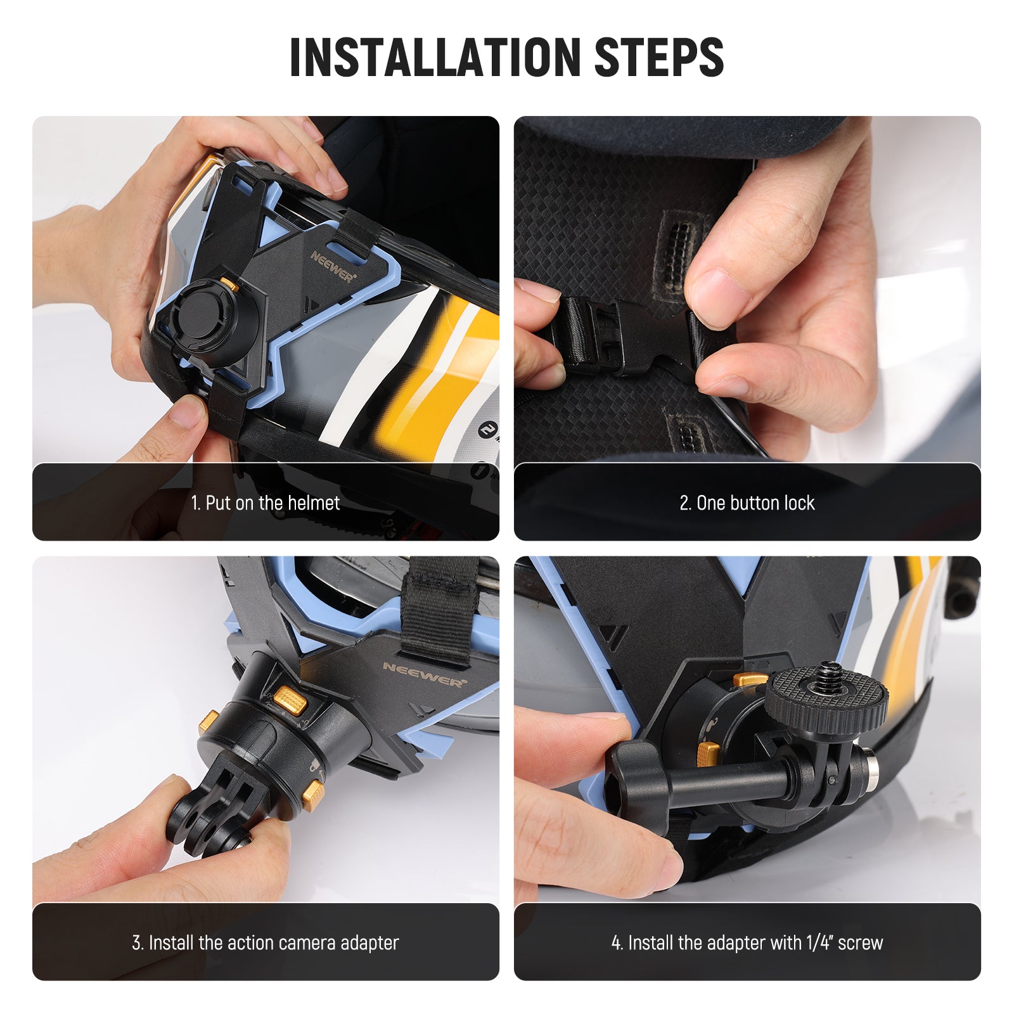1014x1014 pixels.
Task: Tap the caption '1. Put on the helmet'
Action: click(x=265, y=503)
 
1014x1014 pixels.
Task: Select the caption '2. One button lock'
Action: click(x=747, y=503)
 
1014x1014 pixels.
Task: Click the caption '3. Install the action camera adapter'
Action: click(x=265, y=943)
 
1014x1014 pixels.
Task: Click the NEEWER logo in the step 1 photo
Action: click(x=333, y=266)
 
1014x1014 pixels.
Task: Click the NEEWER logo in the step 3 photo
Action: click(x=423, y=675)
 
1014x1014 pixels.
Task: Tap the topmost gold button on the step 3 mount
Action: click(x=291, y=700)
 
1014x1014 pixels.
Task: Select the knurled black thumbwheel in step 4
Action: click(x=827, y=700)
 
